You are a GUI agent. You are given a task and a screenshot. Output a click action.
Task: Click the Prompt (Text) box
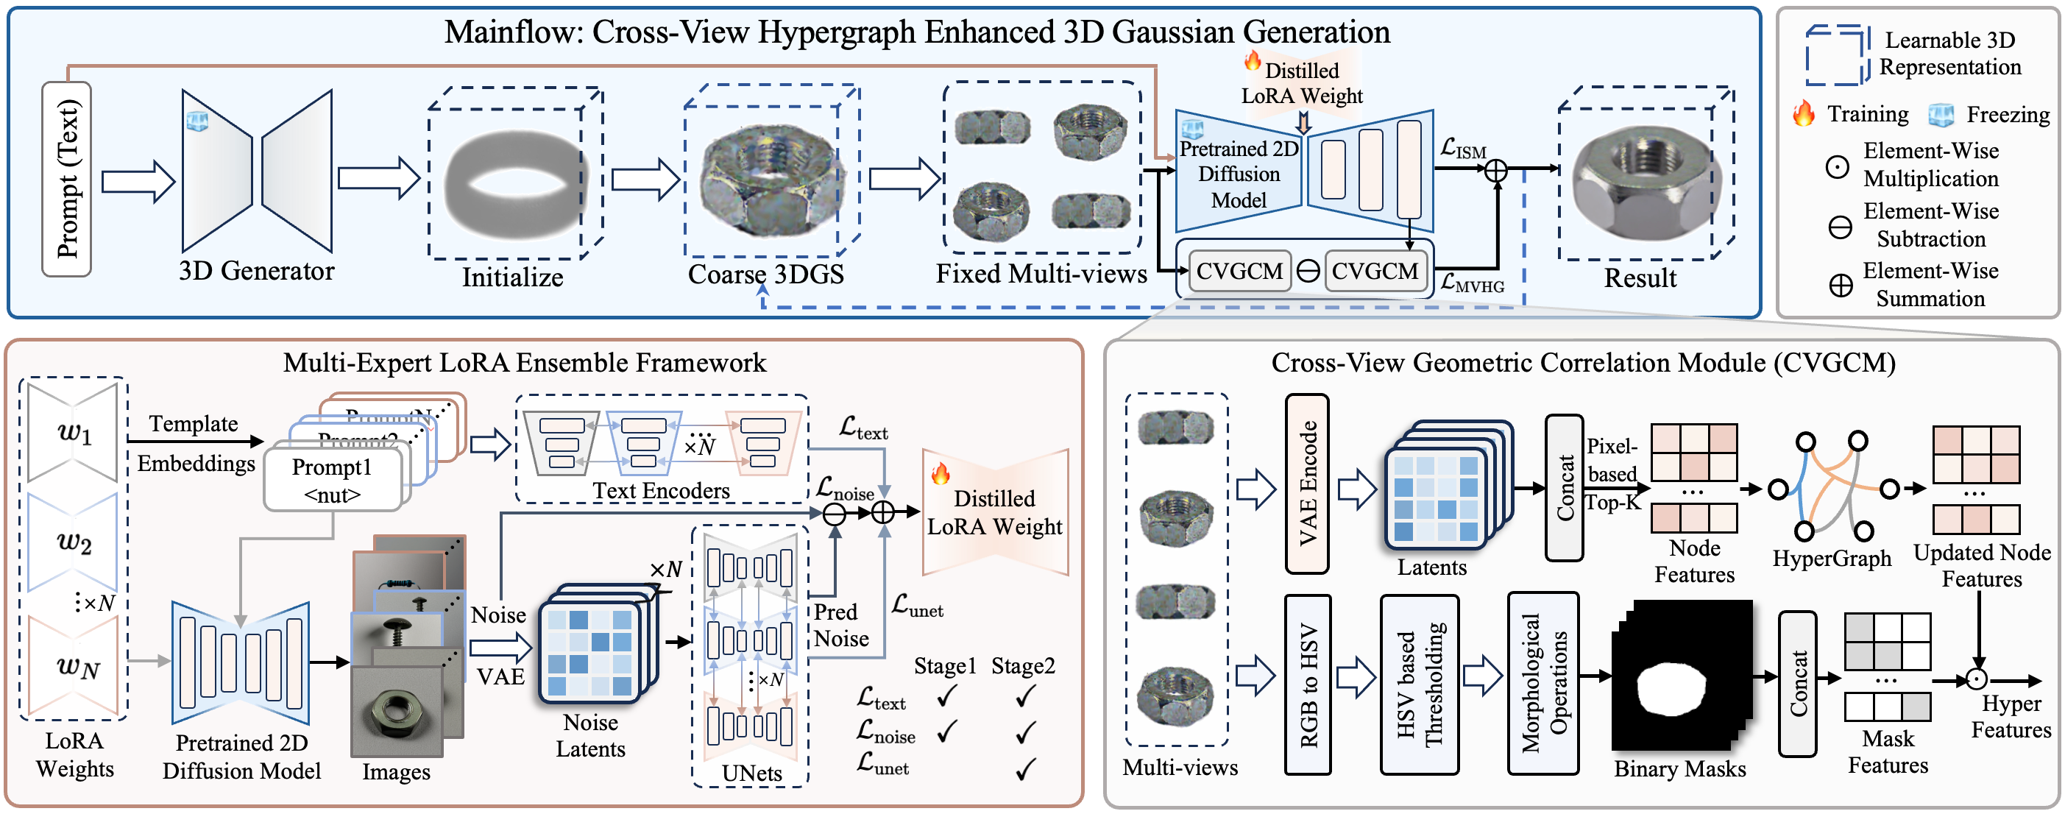[66, 179]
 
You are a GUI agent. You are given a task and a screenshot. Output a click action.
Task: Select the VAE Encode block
[1307, 484]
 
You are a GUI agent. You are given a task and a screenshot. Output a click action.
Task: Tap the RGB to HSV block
[1308, 684]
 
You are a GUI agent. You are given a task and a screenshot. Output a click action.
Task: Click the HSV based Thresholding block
[1419, 684]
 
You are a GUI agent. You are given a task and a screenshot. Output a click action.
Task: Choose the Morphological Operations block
[1543, 684]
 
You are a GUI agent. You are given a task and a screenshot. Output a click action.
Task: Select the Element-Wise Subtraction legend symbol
[1840, 227]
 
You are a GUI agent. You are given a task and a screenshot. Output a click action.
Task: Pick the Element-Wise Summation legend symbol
[1841, 286]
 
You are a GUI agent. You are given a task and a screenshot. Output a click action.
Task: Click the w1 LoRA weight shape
[73, 432]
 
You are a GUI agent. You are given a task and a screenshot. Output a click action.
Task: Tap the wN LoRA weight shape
[74, 665]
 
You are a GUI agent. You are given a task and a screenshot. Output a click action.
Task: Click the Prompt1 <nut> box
[332, 481]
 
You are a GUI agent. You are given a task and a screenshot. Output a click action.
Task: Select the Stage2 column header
[1023, 665]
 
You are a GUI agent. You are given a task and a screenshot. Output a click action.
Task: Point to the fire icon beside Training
[1804, 113]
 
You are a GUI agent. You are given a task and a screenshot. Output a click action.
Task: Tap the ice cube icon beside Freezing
[1940, 115]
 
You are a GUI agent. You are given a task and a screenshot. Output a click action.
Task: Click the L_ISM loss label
[1462, 149]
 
